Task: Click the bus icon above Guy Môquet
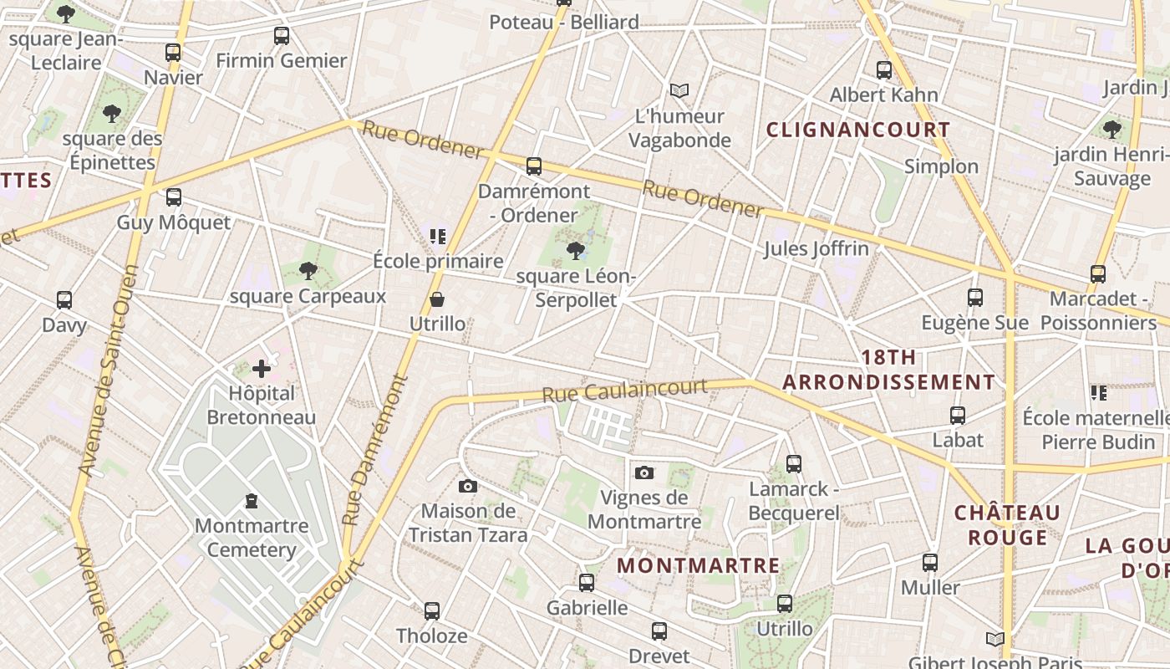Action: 173,197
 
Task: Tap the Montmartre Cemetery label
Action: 252,538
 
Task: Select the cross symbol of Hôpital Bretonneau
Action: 262,368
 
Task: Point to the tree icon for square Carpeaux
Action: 308,270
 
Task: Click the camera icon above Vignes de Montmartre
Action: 643,473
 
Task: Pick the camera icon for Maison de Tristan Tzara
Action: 468,486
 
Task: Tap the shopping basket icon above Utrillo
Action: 437,299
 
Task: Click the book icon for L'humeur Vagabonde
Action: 680,90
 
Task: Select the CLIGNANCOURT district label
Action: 858,130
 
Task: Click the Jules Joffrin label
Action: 816,248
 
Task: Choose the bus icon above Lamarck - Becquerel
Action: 794,463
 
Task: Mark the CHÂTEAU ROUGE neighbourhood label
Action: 1007,524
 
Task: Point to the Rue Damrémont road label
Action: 373,450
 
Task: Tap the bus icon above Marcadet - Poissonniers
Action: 1098,273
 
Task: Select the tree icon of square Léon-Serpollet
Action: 575,250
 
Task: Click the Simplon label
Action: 941,166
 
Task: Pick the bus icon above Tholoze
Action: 431,611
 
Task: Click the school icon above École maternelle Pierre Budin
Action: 1098,392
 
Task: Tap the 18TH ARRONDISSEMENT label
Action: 888,370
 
